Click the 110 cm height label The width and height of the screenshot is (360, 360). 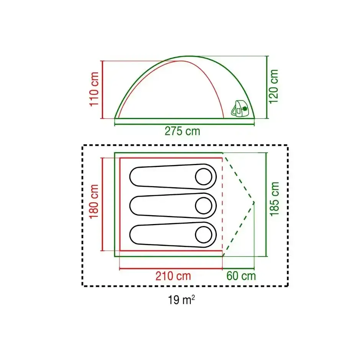tap(94, 89)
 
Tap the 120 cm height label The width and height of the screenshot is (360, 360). tap(273, 86)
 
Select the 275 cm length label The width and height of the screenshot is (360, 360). tap(182, 131)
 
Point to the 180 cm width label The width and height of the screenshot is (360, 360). tap(94, 201)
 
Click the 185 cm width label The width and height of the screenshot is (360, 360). tap(274, 199)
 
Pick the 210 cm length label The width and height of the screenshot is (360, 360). tap(173, 276)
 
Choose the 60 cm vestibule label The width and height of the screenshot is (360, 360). tap(241, 276)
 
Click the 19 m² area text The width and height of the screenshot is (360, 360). tap(182, 300)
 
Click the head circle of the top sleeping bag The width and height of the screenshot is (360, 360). tap(203, 177)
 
